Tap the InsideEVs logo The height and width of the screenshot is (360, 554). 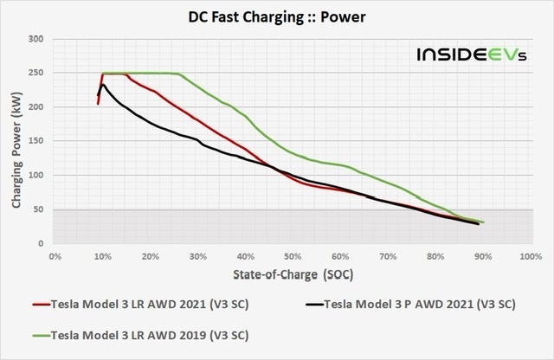click(465, 55)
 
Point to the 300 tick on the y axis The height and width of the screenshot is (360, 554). click(37, 39)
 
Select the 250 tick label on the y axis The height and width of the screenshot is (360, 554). click(37, 74)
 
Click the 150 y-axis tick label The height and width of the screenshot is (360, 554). click(37, 142)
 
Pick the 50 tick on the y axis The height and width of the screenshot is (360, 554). click(40, 209)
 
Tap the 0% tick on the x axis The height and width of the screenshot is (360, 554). click(55, 257)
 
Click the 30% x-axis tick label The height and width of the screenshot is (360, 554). click(198, 257)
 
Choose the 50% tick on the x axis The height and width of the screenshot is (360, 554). click(293, 257)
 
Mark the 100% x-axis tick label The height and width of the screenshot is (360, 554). click(529, 257)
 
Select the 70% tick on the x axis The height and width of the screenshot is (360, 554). click(388, 257)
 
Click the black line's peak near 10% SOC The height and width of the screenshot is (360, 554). click(103, 84)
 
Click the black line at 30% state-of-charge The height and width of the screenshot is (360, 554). click(198, 140)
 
